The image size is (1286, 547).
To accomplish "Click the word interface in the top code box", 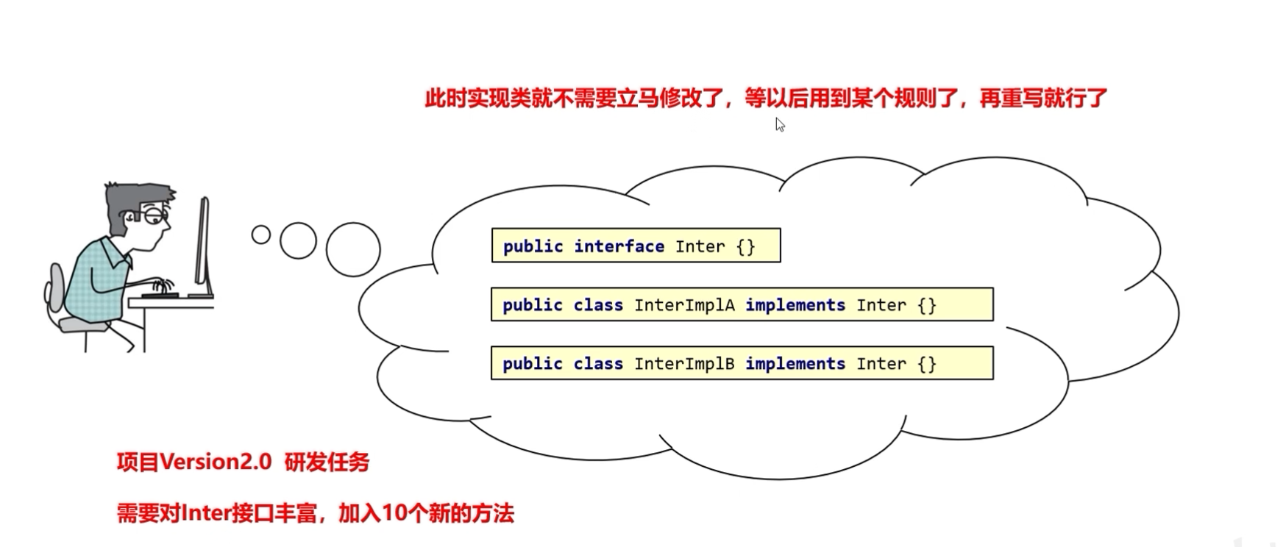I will click(619, 246).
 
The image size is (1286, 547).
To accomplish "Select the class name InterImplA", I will click(684, 305).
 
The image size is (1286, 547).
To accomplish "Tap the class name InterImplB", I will click(684, 364).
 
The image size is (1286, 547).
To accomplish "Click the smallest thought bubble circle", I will click(260, 235).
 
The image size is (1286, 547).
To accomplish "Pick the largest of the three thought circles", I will click(353, 249).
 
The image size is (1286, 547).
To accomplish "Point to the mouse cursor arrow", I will click(779, 124).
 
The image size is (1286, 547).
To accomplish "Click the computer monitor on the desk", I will click(203, 246).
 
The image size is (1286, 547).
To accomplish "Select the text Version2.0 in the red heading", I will click(216, 462).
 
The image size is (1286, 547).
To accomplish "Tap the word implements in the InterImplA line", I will click(795, 305).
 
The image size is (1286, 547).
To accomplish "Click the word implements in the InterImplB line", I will click(795, 364).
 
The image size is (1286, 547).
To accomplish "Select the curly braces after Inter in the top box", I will click(745, 246).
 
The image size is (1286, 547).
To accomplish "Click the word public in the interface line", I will click(533, 246).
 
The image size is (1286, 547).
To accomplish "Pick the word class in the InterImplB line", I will click(597, 364).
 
